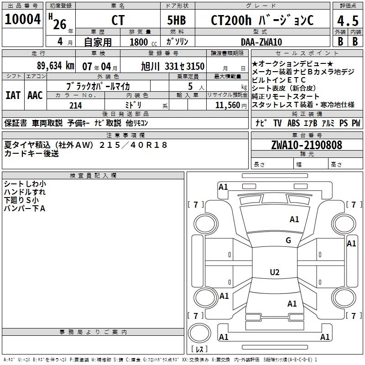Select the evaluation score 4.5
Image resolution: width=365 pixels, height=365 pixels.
(347, 21)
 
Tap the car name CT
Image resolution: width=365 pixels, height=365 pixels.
(118, 21)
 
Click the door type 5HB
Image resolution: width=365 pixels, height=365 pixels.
(177, 21)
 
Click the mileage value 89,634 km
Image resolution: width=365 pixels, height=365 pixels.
(55, 66)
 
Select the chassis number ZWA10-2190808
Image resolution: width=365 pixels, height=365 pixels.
(306, 145)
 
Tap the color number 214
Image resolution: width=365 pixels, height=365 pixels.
(75, 105)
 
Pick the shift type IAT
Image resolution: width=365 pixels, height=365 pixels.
(13, 95)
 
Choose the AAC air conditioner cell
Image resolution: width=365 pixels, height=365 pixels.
(35, 95)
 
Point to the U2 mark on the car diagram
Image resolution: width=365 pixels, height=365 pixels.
(274, 272)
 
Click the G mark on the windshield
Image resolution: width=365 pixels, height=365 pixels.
(288, 240)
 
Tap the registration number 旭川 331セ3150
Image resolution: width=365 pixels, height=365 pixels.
(173, 66)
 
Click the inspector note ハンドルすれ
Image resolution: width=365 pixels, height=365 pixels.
(25, 192)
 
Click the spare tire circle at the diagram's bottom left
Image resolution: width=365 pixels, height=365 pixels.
(199, 334)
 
